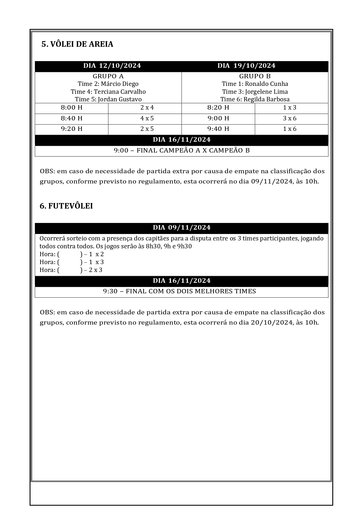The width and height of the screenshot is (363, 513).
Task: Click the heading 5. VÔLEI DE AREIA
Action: click(x=77, y=44)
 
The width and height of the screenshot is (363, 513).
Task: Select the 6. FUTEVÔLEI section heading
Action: click(x=66, y=206)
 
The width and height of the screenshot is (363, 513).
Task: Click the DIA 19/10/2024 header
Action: click(x=246, y=66)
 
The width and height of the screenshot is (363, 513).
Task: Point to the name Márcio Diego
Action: click(x=120, y=84)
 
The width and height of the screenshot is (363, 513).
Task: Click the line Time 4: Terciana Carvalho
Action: click(x=108, y=92)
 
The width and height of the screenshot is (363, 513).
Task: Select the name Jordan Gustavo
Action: click(x=120, y=99)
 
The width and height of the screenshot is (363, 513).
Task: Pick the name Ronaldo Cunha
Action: click(x=266, y=84)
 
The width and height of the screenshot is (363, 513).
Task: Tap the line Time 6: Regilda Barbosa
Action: click(x=255, y=99)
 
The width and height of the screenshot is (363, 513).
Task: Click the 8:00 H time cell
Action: click(x=72, y=108)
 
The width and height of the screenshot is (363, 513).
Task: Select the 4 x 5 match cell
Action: click(x=147, y=118)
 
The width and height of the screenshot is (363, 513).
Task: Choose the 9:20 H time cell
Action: click(x=72, y=129)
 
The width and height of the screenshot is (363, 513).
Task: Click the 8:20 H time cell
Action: click(x=218, y=108)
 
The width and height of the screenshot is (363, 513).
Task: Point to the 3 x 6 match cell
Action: click(x=290, y=118)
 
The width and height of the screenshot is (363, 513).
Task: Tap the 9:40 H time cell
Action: click(x=218, y=129)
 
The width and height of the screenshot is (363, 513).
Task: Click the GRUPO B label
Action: click(x=255, y=76)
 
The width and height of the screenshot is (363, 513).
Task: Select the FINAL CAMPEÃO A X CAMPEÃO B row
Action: click(x=181, y=150)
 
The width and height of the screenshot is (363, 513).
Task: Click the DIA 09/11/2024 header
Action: click(x=181, y=228)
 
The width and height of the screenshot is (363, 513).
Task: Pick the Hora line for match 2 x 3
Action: click(x=71, y=270)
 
